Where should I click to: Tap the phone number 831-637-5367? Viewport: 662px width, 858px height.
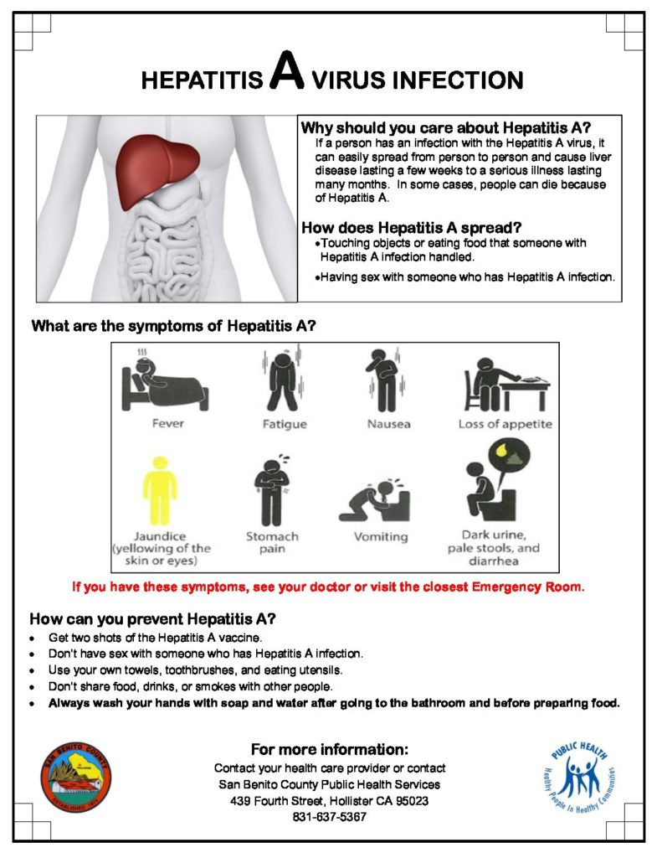click(330, 816)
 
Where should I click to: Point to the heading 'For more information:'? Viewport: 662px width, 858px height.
click(330, 748)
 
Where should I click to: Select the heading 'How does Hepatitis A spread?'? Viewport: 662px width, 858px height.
click(411, 227)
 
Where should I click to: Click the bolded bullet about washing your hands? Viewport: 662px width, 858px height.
click(334, 703)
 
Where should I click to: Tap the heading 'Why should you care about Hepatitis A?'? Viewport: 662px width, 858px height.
click(445, 128)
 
